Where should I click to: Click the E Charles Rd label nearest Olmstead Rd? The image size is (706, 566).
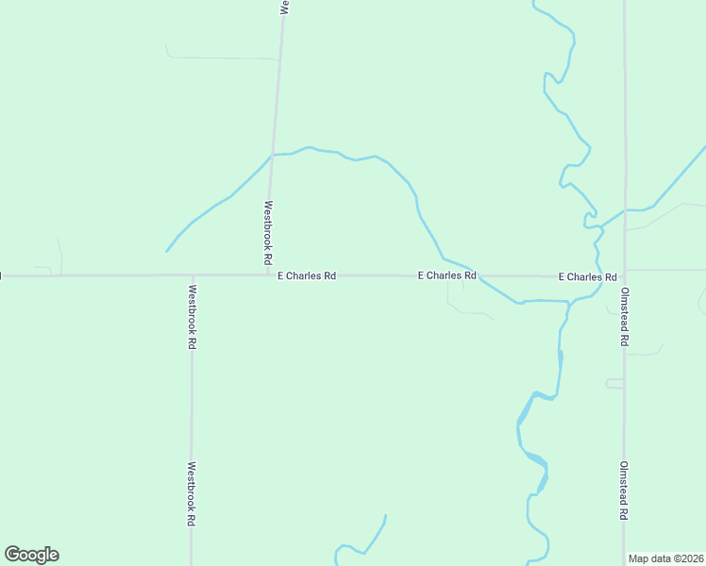click(x=587, y=277)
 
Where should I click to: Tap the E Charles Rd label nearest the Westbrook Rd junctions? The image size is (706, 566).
click(x=307, y=276)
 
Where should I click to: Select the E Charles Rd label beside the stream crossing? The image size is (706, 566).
click(x=447, y=275)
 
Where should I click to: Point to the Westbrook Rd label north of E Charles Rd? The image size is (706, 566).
click(x=268, y=232)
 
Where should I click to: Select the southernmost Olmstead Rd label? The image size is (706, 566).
click(x=624, y=491)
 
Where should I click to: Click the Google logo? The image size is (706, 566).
click(x=31, y=555)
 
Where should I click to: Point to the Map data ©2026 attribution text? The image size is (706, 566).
click(x=665, y=558)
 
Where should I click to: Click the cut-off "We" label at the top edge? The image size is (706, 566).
click(x=283, y=6)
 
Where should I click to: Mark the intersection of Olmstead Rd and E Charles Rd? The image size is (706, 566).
click(x=624, y=275)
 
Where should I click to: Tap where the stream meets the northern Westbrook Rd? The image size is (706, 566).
click(x=272, y=154)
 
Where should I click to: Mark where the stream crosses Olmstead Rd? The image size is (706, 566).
click(x=624, y=210)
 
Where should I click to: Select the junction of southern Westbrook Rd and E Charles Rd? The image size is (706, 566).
click(x=192, y=275)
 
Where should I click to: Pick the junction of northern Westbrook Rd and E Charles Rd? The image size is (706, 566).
click(x=269, y=275)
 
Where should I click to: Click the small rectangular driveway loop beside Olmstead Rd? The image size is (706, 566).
click(x=614, y=384)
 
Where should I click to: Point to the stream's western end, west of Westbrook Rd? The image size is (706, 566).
click(x=167, y=251)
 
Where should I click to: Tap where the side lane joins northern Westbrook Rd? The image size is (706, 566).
click(x=278, y=59)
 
